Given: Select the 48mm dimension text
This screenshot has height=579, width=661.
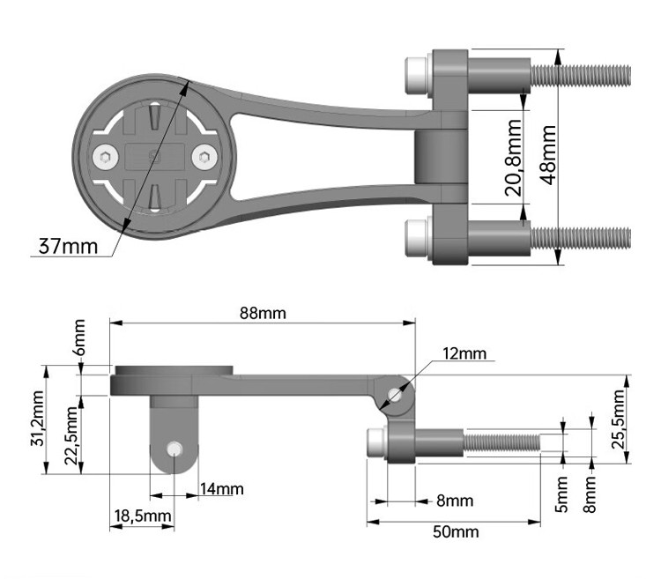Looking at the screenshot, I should [548, 154].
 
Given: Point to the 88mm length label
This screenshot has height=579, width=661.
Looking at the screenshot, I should [263, 313].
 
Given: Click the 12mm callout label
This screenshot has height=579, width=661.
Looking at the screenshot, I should [464, 353].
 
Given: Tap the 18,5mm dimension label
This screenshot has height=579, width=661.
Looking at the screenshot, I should [142, 515].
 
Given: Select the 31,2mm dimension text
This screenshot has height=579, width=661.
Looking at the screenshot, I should [38, 420].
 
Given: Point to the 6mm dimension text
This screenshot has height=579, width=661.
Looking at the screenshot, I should [79, 338].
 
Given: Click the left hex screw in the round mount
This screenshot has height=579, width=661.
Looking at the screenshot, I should [106, 158].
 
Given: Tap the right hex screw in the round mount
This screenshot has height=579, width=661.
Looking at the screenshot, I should [204, 158].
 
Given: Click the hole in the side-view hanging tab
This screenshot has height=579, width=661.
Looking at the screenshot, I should [175, 449].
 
